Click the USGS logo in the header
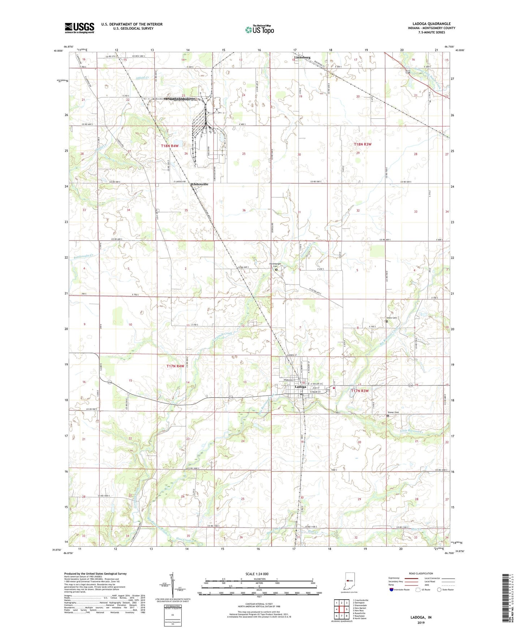[79, 28]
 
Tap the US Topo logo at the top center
[259, 30]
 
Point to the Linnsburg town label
[302, 57]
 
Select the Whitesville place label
[199, 184]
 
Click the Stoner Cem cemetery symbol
[388, 416]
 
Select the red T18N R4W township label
[170, 146]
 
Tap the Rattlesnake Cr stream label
[84, 256]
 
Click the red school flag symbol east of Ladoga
[334, 388]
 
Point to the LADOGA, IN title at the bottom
[420, 617]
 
